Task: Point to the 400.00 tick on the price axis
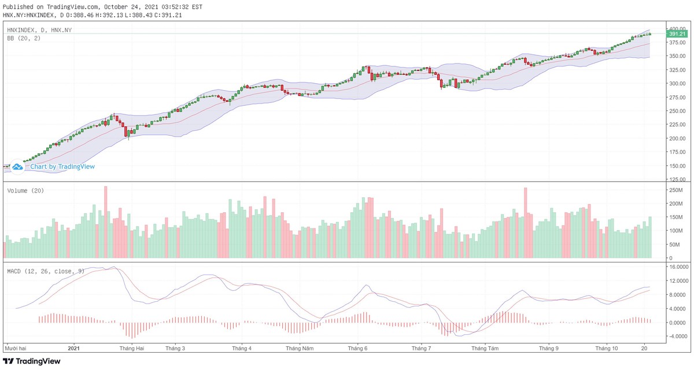[675, 28]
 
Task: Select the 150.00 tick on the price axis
[675, 166]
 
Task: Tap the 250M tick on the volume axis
[674, 190]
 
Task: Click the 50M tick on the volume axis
[673, 244]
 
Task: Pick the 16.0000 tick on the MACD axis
[677, 267]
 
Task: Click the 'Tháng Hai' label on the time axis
[132, 349]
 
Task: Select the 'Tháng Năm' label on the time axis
[300, 349]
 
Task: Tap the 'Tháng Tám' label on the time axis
[485, 349]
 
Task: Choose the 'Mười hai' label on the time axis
[16, 349]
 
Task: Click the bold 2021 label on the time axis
[73, 349]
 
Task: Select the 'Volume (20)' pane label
[25, 191]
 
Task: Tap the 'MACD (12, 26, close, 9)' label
[45, 271]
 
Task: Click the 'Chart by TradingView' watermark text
[62, 166]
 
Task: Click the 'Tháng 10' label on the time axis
[607, 349]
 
